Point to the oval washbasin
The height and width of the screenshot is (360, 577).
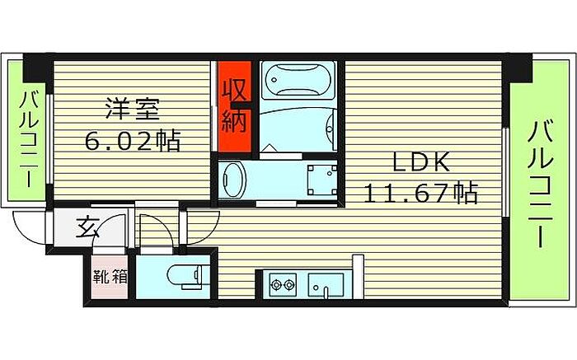(x=235, y=178)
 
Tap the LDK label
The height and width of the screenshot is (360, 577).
(x=420, y=163)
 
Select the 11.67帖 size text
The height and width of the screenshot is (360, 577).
(x=420, y=194)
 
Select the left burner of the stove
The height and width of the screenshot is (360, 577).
(x=275, y=287)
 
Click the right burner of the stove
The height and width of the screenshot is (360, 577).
(x=290, y=287)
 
